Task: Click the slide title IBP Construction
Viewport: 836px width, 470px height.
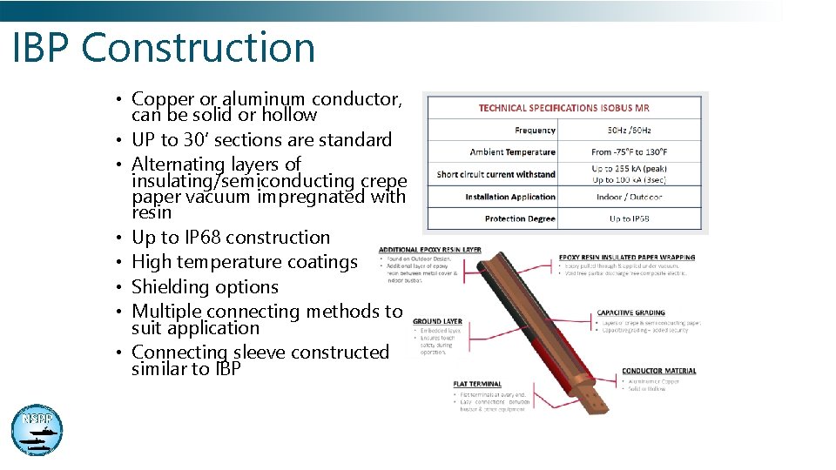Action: click(x=164, y=47)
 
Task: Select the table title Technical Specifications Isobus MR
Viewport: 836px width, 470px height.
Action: click(x=563, y=108)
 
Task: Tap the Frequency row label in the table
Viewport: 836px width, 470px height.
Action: click(x=535, y=131)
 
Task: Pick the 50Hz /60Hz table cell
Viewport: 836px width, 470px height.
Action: click(x=629, y=131)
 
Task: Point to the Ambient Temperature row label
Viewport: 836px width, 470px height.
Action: click(x=512, y=152)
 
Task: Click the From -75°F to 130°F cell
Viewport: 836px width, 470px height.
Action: click(x=629, y=152)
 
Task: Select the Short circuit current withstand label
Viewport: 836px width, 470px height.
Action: click(x=496, y=174)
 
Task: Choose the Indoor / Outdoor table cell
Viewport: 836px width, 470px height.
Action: click(x=629, y=197)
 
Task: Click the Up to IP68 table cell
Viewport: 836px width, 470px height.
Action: click(x=629, y=218)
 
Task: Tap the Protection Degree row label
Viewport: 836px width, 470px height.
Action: click(x=520, y=218)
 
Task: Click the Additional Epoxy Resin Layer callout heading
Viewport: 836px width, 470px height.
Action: click(x=429, y=250)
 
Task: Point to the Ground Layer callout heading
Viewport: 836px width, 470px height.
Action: click(x=437, y=321)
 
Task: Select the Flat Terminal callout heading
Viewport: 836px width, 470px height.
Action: click(x=476, y=384)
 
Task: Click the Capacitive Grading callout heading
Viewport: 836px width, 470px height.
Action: click(x=630, y=312)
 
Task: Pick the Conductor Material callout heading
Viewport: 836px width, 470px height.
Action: click(x=658, y=371)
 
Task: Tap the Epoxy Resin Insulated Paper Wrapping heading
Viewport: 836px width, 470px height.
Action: click(x=626, y=257)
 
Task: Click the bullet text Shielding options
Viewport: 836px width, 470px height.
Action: click(x=205, y=286)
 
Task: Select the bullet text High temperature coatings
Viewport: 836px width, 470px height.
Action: click(x=244, y=262)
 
